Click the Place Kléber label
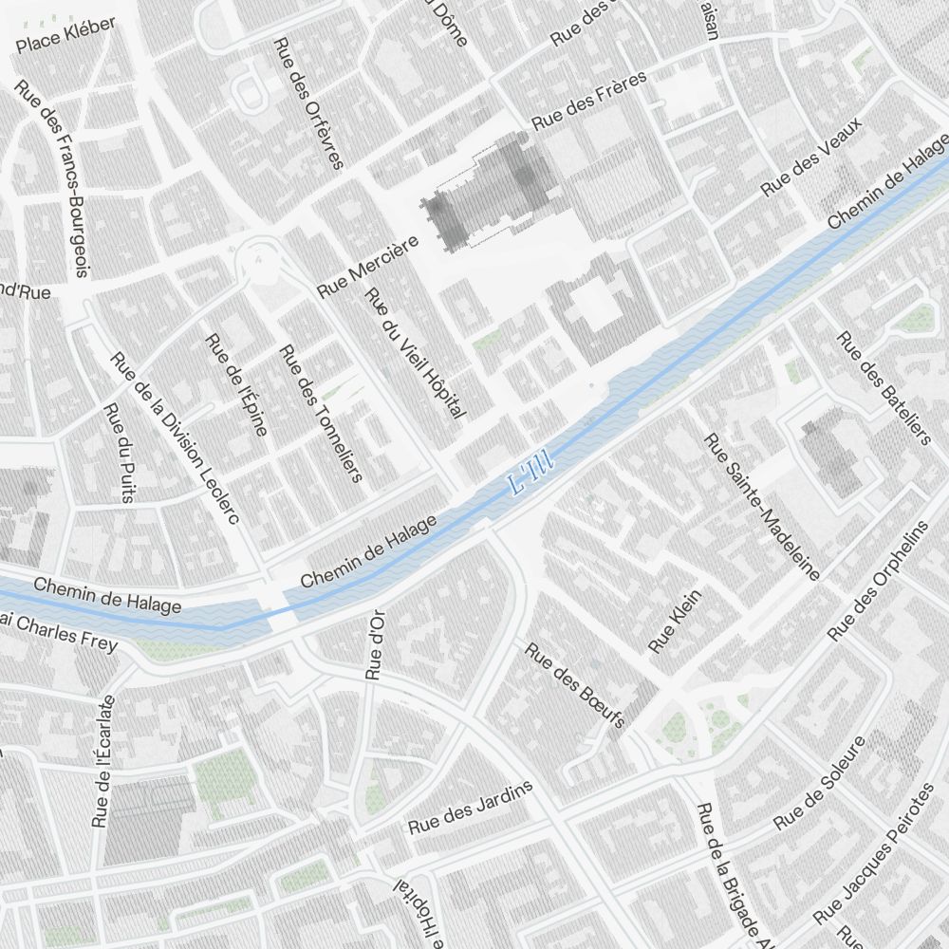[x=65, y=35]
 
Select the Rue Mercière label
[x=368, y=267]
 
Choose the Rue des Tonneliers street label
[x=321, y=413]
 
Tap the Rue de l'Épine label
[x=236, y=383]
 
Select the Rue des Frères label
[x=588, y=101]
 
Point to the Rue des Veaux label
[x=811, y=158]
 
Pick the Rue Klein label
[x=675, y=622]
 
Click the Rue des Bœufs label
[x=575, y=686]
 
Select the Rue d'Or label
[x=374, y=644]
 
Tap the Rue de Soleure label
[x=820, y=783]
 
